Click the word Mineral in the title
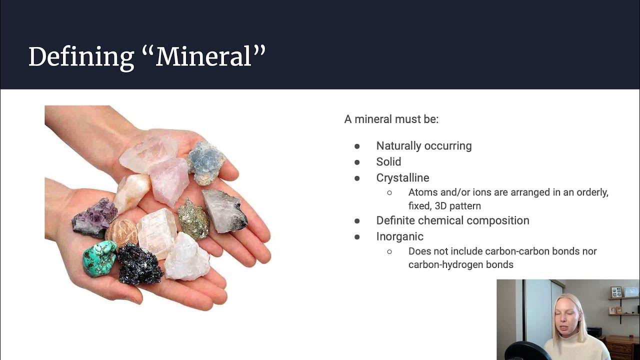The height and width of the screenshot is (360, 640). pyautogui.click(x=210, y=56)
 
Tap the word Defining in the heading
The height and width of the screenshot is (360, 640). pyautogui.click(x=81, y=56)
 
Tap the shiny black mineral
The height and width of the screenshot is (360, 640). pyautogui.click(x=139, y=263)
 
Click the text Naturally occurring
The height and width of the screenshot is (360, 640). pyautogui.click(x=423, y=146)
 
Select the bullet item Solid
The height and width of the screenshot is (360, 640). pyautogui.click(x=388, y=162)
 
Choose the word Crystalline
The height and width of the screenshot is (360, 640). pyautogui.click(x=402, y=178)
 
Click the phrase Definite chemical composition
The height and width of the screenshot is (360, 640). pyautogui.click(x=452, y=220)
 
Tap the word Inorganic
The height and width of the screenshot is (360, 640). pyautogui.click(x=399, y=236)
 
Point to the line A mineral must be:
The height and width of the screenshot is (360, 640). pyautogui.click(x=391, y=119)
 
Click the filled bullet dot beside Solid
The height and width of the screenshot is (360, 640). pyautogui.click(x=357, y=162)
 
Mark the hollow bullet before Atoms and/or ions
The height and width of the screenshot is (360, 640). pyautogui.click(x=389, y=192)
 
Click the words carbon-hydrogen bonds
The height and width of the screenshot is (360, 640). pyautogui.click(x=460, y=264)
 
